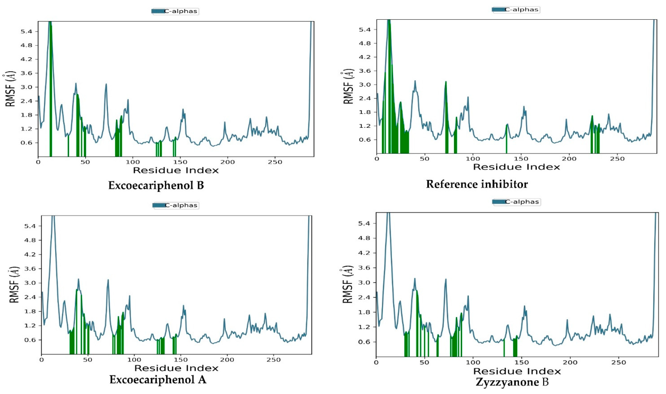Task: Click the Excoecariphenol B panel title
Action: (x=156, y=185)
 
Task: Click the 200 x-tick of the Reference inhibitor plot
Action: (x=569, y=159)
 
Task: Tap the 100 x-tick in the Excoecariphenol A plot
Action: (x=134, y=360)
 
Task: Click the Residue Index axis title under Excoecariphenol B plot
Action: (x=176, y=170)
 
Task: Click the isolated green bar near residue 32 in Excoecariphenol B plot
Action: (x=69, y=146)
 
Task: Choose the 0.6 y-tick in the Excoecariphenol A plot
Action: (x=30, y=340)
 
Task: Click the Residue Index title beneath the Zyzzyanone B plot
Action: (x=517, y=371)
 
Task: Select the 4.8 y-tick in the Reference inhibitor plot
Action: (x=364, y=43)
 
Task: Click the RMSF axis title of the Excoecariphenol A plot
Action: (x=15, y=285)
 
